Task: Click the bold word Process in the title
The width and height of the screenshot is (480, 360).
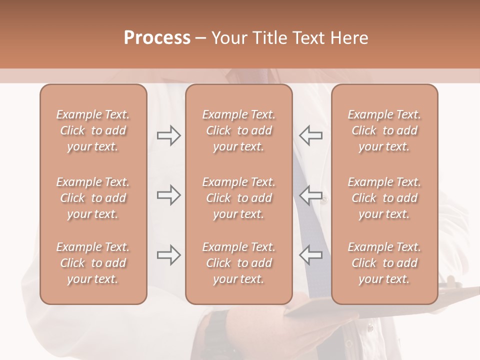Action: tap(157, 38)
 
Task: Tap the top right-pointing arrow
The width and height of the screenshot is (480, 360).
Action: tap(168, 135)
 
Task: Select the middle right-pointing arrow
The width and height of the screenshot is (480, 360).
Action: tap(168, 195)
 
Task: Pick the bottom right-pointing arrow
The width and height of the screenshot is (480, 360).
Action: tap(168, 255)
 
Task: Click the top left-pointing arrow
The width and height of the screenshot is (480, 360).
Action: tap(310, 135)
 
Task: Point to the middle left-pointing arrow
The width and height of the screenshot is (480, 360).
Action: tap(310, 195)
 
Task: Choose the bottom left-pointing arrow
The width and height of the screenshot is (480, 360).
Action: tap(310, 255)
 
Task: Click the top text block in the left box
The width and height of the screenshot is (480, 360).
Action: tap(93, 130)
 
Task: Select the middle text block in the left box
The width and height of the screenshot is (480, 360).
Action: tap(93, 198)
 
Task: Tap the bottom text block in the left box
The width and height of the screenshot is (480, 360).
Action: tap(93, 263)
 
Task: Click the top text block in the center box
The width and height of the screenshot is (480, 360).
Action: tap(239, 130)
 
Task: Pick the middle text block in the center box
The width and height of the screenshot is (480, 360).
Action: tap(239, 198)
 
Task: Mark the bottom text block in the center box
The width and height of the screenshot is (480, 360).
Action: tap(239, 263)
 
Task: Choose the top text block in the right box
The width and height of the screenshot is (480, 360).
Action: tap(384, 130)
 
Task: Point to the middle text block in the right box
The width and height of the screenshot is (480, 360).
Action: tap(384, 198)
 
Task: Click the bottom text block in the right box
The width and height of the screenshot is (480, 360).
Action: tap(384, 263)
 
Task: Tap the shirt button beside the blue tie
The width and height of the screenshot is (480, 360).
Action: tap(324, 199)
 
